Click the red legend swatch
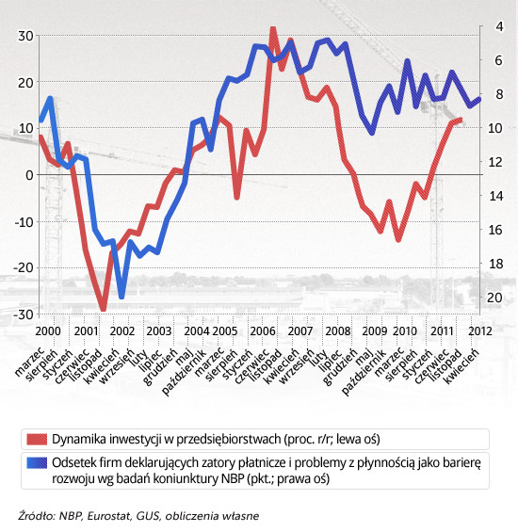[x=37, y=439]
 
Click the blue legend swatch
[x=37, y=462]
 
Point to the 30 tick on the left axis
[x=25, y=36]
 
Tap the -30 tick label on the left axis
[x=24, y=314]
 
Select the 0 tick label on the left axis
[x=29, y=175]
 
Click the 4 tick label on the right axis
[x=499, y=26]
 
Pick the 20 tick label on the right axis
[x=495, y=298]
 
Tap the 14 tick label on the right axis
[x=495, y=196]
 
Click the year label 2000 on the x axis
[x=48, y=331]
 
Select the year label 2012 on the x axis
[x=480, y=331]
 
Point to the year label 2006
[x=263, y=331]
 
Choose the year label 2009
[x=375, y=331]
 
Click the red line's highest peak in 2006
[x=273, y=28]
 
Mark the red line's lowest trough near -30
[x=104, y=309]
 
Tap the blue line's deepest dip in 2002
[x=121, y=297]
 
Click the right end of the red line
[x=461, y=119]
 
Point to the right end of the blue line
[x=480, y=99]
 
